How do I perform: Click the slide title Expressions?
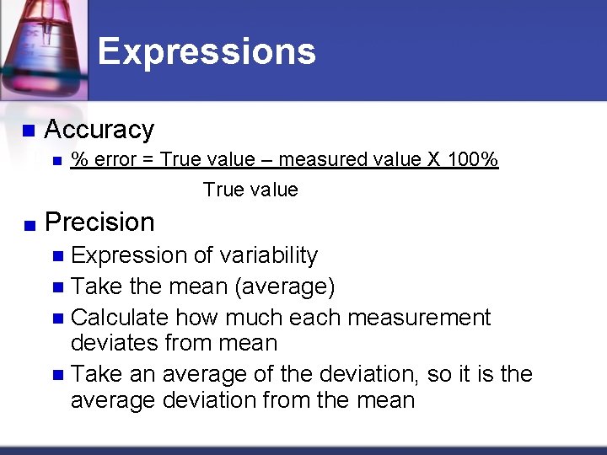pos(207,51)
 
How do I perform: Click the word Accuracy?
pos(99,130)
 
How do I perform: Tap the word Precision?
pos(99,222)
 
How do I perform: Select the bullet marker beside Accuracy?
pos(28,131)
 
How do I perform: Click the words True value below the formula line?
pos(250,190)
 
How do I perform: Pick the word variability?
pos(268,255)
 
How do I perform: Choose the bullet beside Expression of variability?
pos(57,256)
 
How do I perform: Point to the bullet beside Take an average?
pos(57,374)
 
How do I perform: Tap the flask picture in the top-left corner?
pos(42,46)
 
